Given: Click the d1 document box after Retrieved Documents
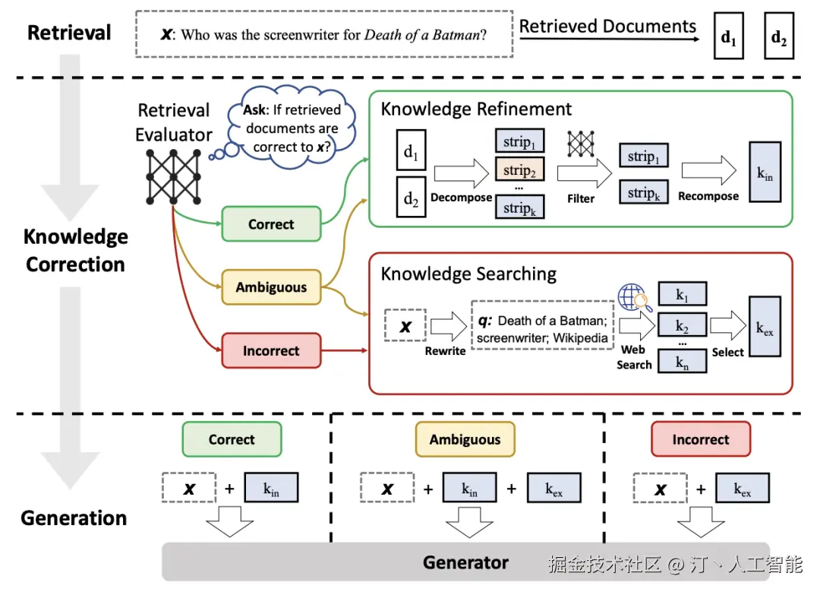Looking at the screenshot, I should coord(729,36).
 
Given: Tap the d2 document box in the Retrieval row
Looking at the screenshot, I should coord(779,36).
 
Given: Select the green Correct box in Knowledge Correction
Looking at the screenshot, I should coord(271,224).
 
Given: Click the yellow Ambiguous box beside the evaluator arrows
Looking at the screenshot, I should coord(271,287).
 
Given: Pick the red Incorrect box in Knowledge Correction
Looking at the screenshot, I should coord(271,351).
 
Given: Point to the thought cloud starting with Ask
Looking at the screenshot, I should coord(292,128).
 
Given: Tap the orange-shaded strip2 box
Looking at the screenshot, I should coord(520,170).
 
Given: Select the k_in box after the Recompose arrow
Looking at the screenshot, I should coord(765,173).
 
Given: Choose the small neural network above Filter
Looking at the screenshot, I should coord(580,144).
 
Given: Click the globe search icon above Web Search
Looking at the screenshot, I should coord(632,297).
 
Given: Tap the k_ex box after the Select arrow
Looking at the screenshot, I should coord(765,328).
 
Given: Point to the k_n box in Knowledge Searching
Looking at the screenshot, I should coord(682,361).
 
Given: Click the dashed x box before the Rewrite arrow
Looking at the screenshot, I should coord(405,327).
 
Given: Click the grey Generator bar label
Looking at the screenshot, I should coord(465,562).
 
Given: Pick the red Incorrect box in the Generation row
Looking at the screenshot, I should coord(701,439).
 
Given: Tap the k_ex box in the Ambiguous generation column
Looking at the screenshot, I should coord(554,489).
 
